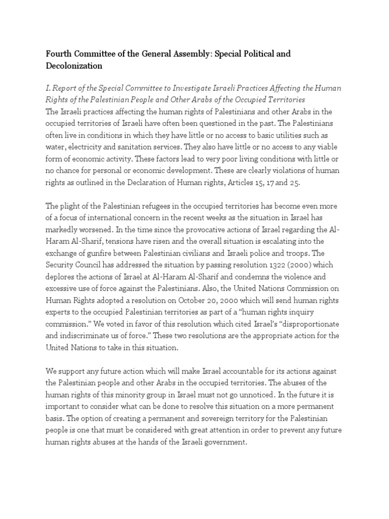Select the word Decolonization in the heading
pyautogui.click(x=75, y=66)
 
